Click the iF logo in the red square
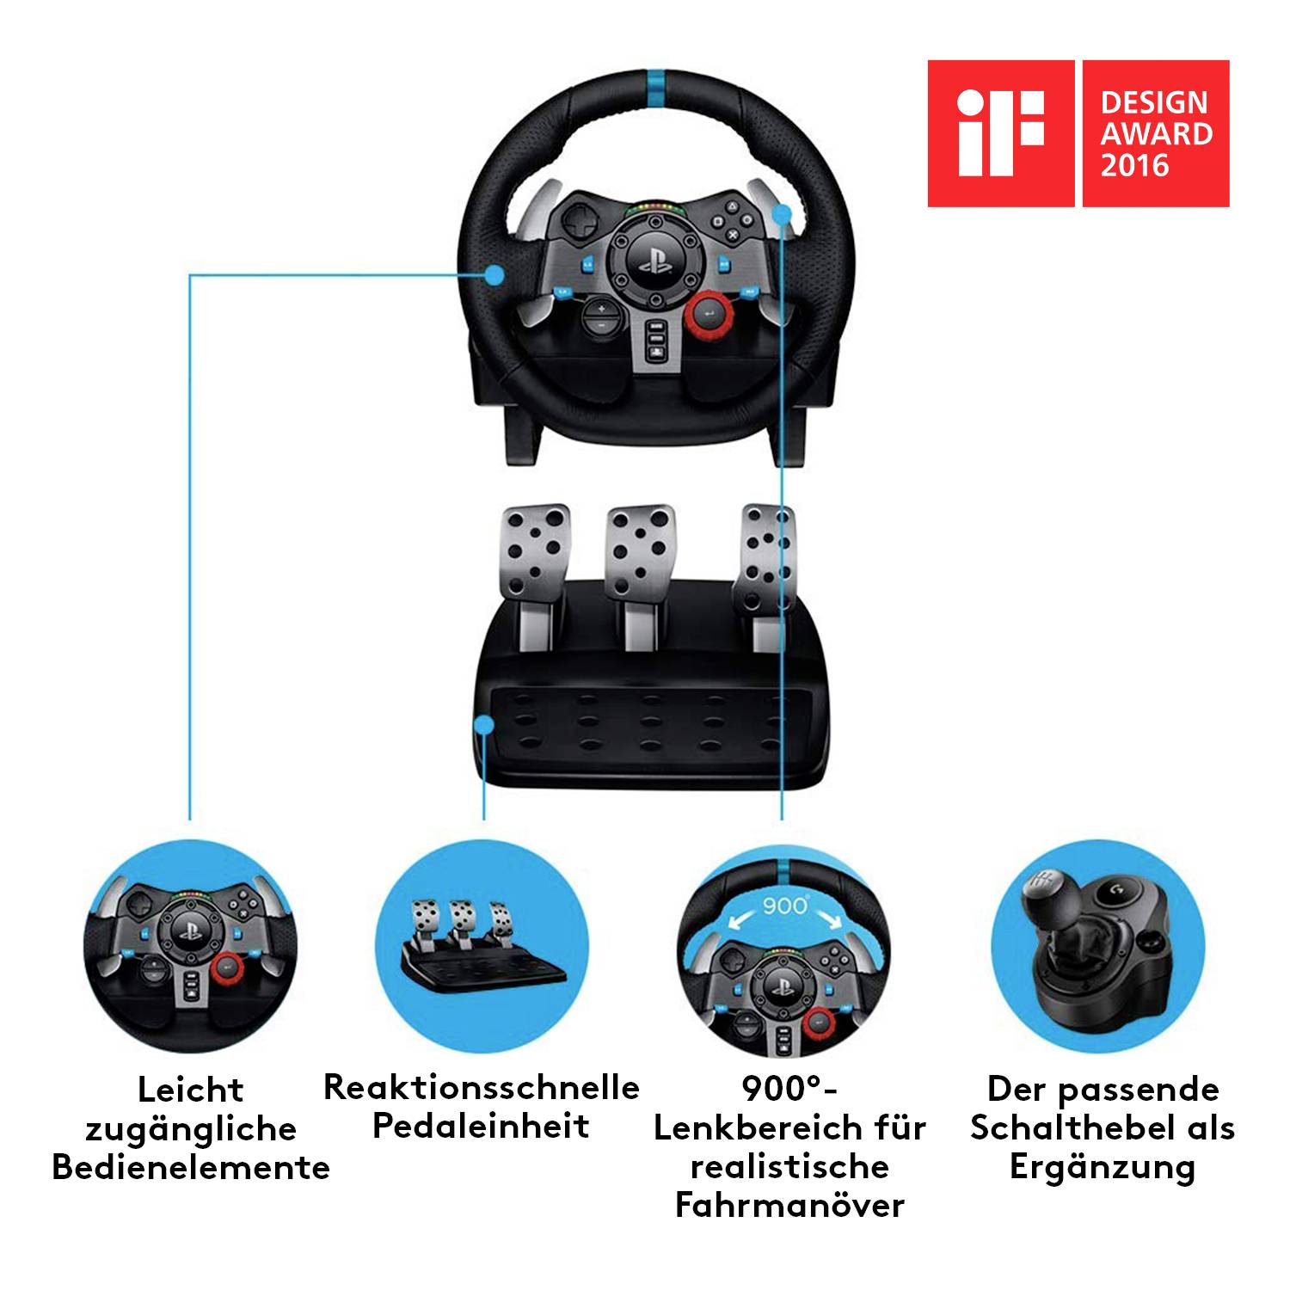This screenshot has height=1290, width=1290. [x=1000, y=132]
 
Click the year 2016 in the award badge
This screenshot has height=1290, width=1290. [x=1134, y=164]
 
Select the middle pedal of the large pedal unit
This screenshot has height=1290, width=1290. [x=638, y=550]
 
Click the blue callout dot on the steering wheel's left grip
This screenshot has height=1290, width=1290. [x=494, y=274]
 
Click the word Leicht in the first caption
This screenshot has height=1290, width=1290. [x=190, y=1090]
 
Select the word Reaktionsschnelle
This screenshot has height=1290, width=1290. [x=481, y=1087]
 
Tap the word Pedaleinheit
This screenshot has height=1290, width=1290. [x=481, y=1126]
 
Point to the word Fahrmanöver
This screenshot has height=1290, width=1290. [x=789, y=1205]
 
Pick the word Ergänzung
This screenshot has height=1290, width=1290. [x=1102, y=1167]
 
